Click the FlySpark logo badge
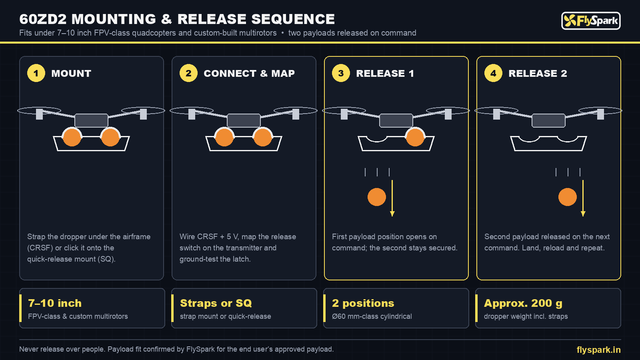(591, 20)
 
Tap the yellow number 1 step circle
(36, 73)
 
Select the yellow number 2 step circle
(188, 73)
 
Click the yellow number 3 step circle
(341, 73)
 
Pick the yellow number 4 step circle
(494, 73)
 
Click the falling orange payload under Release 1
(376, 197)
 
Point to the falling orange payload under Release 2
(568, 197)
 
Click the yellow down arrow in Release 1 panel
(392, 198)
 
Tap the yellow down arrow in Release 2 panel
(583, 198)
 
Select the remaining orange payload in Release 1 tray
(415, 137)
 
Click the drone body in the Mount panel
(92, 120)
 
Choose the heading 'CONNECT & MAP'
(249, 74)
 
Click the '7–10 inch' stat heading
(55, 303)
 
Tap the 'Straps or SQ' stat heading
(216, 303)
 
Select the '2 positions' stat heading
(363, 303)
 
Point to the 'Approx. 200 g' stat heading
(523, 303)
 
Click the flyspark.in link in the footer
(598, 350)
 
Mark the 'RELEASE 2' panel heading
(538, 74)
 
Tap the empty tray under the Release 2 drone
(548, 144)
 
